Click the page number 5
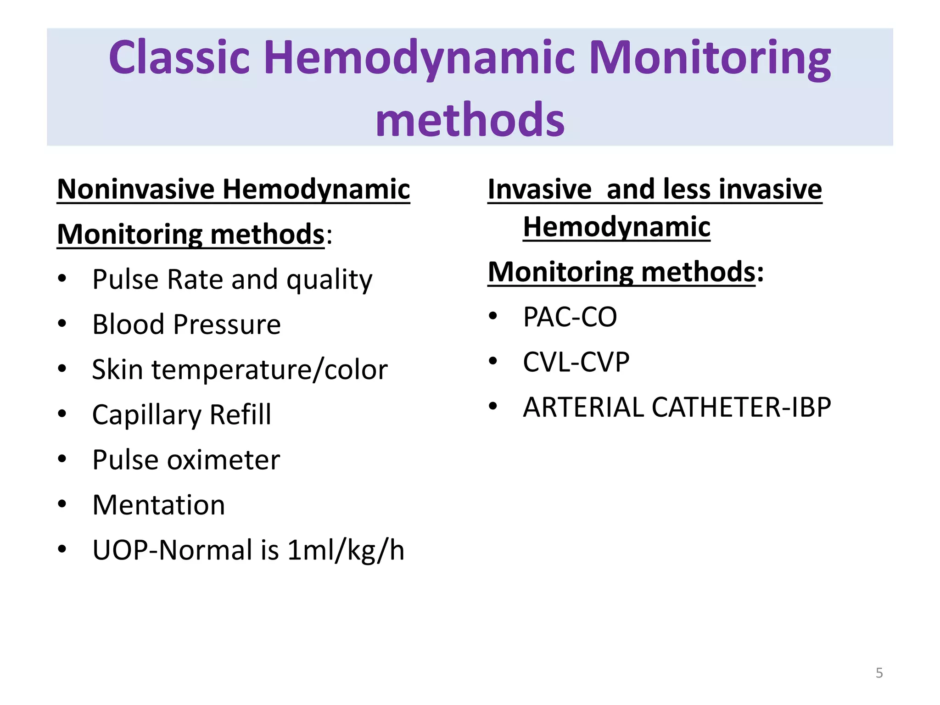879,673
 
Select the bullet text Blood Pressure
186,325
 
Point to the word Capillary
146,415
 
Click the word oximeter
223,460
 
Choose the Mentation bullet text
158,505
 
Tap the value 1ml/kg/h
346,550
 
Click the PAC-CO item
570,317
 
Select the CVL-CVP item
576,362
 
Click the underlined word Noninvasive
136,189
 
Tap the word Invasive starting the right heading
540,189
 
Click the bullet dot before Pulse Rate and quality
62,278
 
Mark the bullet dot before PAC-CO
493,316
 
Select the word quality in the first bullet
329,280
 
